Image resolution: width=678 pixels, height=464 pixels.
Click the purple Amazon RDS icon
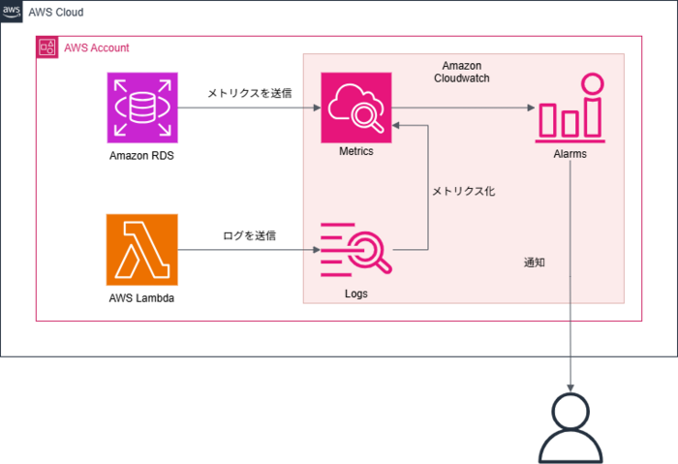click(142, 108)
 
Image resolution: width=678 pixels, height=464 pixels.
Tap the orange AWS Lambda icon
click(142, 250)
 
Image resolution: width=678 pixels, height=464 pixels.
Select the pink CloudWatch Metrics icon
click(356, 108)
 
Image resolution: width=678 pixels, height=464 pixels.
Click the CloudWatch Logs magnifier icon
click(356, 250)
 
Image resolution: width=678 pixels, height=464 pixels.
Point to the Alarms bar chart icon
click(570, 108)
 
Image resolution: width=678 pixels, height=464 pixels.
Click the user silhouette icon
click(570, 428)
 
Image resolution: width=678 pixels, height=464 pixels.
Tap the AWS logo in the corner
click(12, 12)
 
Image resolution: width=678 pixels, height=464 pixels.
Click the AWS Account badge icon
click(47, 47)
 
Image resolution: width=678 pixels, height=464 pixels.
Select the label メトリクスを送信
click(250, 93)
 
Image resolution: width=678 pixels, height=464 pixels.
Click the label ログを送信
click(250, 235)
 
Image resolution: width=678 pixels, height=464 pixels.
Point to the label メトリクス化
click(464, 191)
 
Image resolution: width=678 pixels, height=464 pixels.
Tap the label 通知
click(535, 263)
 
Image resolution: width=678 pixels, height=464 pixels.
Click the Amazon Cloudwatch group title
click(462, 72)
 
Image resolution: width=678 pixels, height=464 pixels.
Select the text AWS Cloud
click(56, 12)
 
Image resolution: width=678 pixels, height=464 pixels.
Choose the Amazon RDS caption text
click(141, 156)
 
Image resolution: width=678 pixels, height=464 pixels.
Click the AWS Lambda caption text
click(141, 298)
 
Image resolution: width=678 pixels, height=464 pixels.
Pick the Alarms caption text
click(570, 154)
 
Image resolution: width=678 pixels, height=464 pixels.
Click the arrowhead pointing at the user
click(570, 387)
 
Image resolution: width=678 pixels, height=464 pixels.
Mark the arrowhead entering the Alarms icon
click(531, 108)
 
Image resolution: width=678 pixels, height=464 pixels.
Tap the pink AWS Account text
click(97, 47)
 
